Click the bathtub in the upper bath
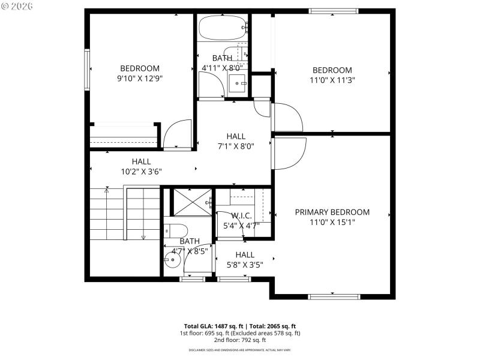[x=221, y=27]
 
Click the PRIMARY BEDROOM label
[x=332, y=212]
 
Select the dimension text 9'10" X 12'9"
[x=140, y=78]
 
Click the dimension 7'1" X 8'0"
[x=236, y=146]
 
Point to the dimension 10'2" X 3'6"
[x=141, y=171]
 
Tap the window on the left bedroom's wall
[x=87, y=70]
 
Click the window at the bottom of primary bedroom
[x=334, y=296]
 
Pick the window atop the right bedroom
[x=334, y=11]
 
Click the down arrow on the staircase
[x=143, y=237]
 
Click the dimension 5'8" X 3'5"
[x=245, y=263]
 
